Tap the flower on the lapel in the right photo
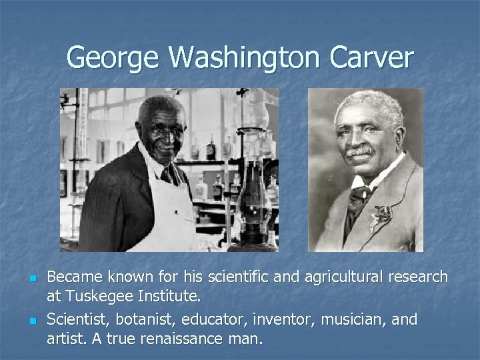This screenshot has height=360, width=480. (x=382, y=215)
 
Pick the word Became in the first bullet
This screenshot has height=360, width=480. (x=75, y=277)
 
